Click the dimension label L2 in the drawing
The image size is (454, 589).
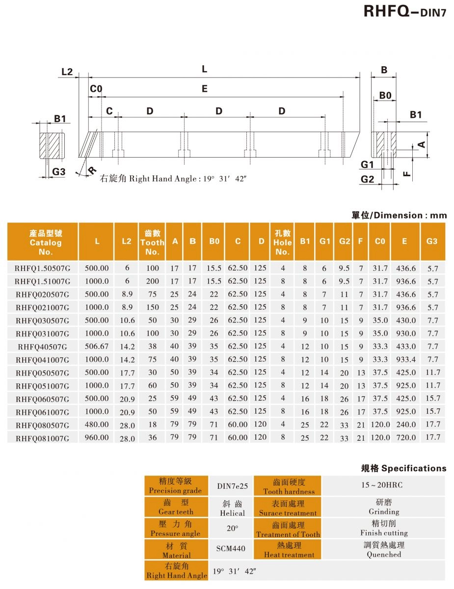(67, 72)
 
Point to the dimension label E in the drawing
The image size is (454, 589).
(205, 89)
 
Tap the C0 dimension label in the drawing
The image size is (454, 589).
(96, 89)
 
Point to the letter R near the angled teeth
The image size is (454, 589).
(92, 171)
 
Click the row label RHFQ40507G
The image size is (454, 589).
(42, 347)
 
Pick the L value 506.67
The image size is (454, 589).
(97, 347)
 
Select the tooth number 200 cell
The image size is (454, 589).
(153, 281)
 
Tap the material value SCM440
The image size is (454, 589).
(231, 548)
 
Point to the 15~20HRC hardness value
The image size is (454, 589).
(383, 485)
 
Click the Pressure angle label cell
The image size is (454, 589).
(175, 529)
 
